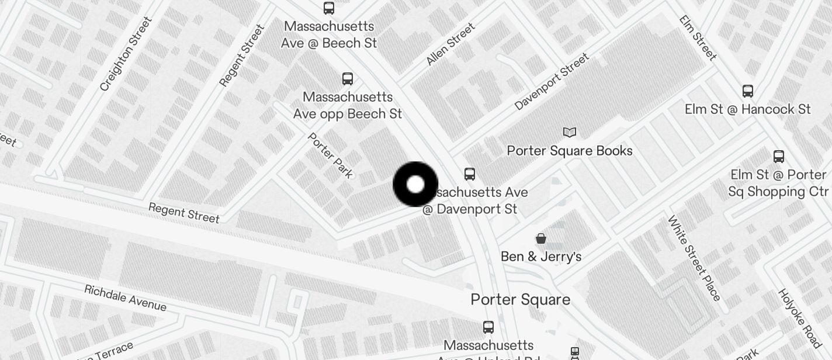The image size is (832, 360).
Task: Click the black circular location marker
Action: point(415,185)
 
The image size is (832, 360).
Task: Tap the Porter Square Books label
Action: point(569,151)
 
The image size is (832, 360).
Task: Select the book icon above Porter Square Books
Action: point(569,133)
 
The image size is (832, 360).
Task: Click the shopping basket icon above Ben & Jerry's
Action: point(541,238)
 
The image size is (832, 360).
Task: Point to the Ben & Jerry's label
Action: point(541,257)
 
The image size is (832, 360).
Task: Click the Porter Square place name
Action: point(520,300)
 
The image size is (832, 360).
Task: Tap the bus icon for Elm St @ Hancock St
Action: point(747,91)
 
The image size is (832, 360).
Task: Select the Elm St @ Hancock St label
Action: point(747,109)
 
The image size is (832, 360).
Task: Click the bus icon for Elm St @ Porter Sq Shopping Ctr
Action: point(778,157)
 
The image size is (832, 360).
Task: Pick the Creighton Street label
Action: point(126,54)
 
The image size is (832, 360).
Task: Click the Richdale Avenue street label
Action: point(125,298)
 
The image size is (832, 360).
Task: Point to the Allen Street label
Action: point(450,44)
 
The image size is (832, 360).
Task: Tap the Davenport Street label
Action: point(552,82)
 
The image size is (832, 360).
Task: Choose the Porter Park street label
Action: point(331,155)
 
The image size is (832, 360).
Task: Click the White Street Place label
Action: point(694,258)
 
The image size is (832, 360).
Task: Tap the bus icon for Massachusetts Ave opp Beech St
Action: point(348,79)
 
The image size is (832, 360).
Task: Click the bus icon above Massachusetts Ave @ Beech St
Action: point(329,8)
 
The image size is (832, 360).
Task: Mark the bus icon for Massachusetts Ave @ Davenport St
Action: point(470,174)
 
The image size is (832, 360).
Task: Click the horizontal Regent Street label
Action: point(184,213)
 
